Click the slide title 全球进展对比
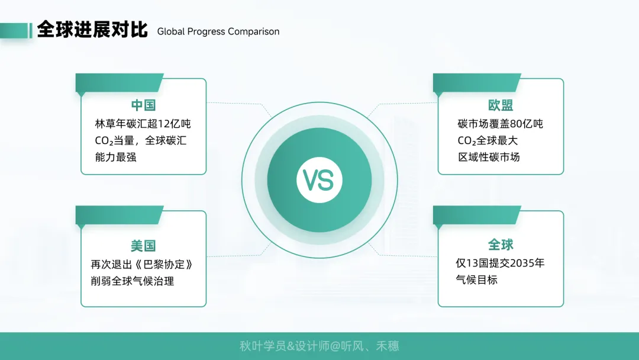coord(92,30)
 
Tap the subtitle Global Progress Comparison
coord(218,32)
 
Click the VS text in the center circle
coord(318,180)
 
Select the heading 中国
coord(143,105)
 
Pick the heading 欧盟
coord(501,105)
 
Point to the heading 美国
coord(143,246)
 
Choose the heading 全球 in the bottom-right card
coord(501,245)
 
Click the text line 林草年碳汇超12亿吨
coord(143,124)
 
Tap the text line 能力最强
coord(116,157)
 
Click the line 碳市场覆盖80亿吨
coord(501,124)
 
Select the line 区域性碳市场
coord(489,157)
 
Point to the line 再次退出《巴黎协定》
coord(142,264)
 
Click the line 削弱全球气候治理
coord(133,281)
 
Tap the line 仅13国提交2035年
coord(500,263)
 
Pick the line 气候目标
coord(477,280)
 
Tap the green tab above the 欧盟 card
coord(477,82)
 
